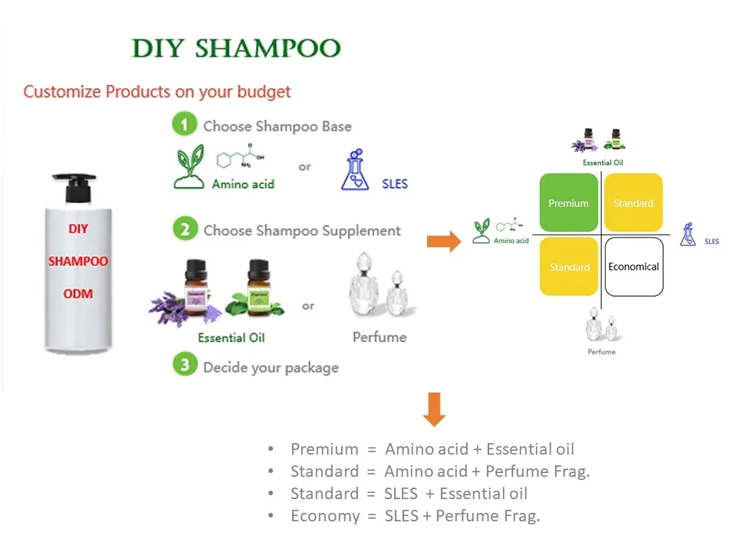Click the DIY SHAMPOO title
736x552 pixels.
236,48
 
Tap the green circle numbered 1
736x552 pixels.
184,125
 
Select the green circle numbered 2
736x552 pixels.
184,229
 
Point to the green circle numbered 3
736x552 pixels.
184,366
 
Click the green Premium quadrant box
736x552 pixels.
569,202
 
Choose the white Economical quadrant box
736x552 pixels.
633,267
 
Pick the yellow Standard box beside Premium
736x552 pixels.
633,202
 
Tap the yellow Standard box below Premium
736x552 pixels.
569,267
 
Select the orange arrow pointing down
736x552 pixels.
434,409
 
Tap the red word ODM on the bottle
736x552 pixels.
78,294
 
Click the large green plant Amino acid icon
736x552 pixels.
189,168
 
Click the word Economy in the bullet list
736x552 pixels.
324,516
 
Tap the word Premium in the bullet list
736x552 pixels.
324,449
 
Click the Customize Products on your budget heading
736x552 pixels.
157,92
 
